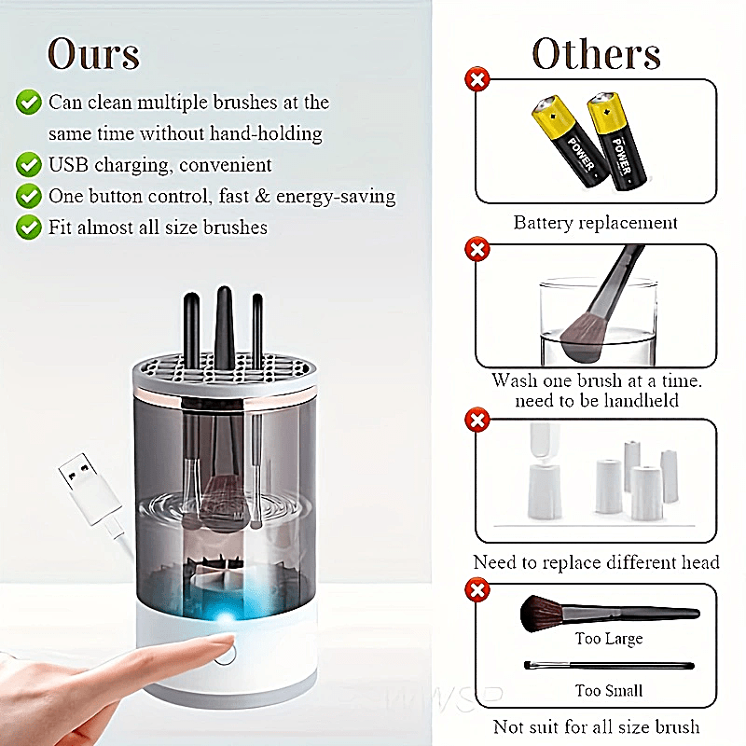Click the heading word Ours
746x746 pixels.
click(93, 53)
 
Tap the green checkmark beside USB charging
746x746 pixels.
click(29, 165)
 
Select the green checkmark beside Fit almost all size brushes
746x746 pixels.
click(29, 227)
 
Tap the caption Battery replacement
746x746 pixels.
click(595, 223)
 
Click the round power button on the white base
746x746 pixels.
click(225, 653)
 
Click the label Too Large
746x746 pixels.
click(608, 639)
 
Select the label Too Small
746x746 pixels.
click(608, 691)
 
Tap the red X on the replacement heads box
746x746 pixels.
click(477, 421)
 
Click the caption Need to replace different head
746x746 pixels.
click(596, 562)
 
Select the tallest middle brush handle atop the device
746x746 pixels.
click(224, 322)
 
